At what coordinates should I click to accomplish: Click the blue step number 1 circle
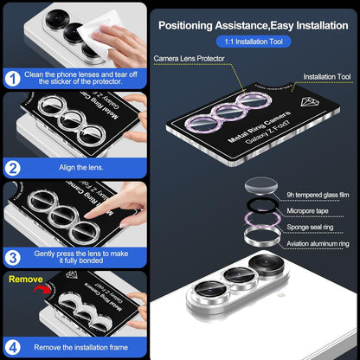11,78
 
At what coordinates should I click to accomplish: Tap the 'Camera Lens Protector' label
189,59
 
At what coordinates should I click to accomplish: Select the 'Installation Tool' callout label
324,75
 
